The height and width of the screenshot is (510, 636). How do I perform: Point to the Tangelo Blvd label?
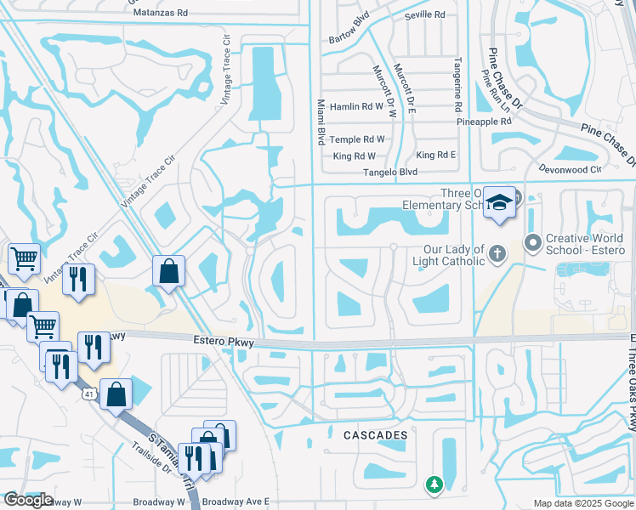click(x=389, y=172)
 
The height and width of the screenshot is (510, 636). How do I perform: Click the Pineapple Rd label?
click(x=484, y=122)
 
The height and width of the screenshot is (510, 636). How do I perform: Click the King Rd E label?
click(x=436, y=156)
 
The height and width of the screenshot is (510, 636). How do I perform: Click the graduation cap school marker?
click(x=499, y=202)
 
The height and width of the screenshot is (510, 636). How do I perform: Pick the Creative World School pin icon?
click(x=533, y=244)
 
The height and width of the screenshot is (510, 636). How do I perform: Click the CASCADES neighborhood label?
click(x=375, y=435)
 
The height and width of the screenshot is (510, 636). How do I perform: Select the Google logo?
click(x=28, y=500)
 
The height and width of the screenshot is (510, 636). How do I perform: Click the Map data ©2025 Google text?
click(x=582, y=503)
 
